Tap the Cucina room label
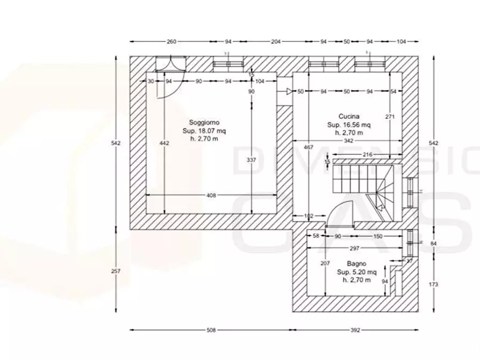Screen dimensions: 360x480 pos(349,116)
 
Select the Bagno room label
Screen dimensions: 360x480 pos(356,264)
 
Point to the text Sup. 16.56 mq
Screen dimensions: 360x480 pos(349,125)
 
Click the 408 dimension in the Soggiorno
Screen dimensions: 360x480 pos(211,196)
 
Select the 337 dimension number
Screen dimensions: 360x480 pos(251,160)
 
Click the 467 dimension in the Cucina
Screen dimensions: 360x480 pos(309,147)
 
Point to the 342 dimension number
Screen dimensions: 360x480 pos(348,141)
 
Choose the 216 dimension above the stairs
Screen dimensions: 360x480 pos(368,154)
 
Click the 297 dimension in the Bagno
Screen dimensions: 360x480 pos(354,248)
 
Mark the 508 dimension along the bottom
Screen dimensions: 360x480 pos(211,330)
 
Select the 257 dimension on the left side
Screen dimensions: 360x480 pos(114,271)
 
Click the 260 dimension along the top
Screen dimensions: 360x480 pos(171,41)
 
